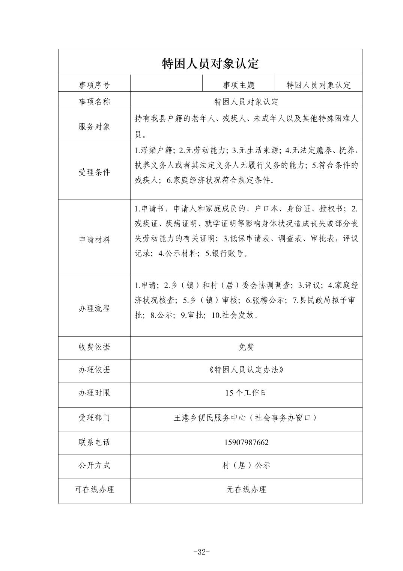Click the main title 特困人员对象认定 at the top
coord(210,63)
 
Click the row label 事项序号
coord(94,85)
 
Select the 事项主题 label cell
coord(239,85)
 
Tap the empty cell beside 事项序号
coord(166,83)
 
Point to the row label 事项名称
coord(94,102)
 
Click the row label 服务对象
coord(94,127)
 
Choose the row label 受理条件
coord(94,172)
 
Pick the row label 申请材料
coord(94,240)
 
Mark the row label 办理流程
coord(94,308)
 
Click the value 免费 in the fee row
coord(246,347)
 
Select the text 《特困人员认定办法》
coord(246,370)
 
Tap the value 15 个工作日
coord(246,393)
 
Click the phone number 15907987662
coord(246,443)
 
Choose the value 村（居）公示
coord(246,465)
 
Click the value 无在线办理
coord(246,489)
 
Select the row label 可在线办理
coord(94,489)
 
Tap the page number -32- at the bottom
coord(201,552)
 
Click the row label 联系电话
coord(94,443)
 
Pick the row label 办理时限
coord(94,393)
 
